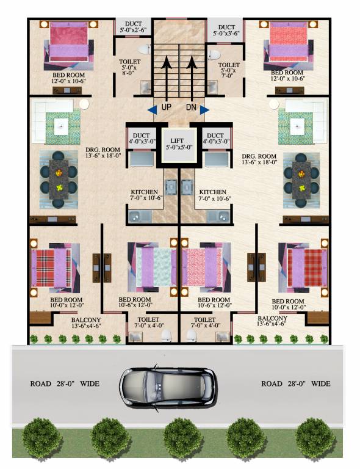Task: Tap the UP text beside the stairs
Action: [166, 108]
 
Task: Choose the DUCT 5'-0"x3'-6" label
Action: [226, 31]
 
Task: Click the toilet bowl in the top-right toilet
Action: [214, 55]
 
